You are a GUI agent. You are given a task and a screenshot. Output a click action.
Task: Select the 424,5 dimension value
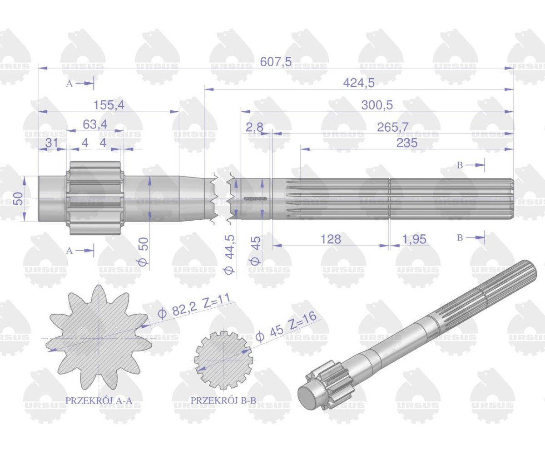(x=359, y=84)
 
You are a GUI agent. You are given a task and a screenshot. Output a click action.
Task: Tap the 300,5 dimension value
(x=377, y=105)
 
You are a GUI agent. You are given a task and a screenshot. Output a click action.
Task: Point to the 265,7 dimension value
(x=392, y=127)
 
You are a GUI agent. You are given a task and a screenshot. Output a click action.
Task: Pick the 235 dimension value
(x=407, y=143)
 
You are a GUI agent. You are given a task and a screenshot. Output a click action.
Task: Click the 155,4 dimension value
(x=109, y=105)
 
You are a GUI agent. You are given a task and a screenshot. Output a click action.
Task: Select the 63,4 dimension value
(x=95, y=125)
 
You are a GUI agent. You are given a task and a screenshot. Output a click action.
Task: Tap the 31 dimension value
(x=51, y=143)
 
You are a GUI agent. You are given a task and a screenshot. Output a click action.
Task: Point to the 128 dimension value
(x=331, y=239)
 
